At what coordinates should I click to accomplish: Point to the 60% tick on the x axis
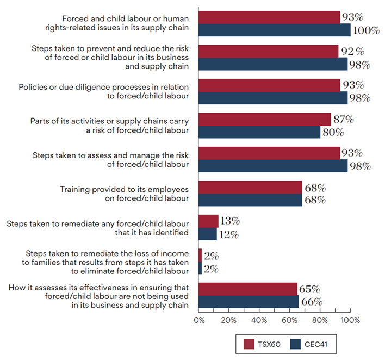[x=290, y=320]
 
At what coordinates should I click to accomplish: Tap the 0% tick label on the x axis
[x=199, y=320]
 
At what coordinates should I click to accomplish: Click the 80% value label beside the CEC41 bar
[x=332, y=132]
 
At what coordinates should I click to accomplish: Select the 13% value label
[x=229, y=221]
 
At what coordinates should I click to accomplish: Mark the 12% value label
[x=228, y=234]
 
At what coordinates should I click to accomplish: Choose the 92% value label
[x=351, y=52]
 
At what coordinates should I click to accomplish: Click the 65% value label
[x=309, y=289]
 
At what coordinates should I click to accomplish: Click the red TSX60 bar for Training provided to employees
[x=250, y=187]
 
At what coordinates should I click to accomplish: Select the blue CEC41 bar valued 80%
[x=259, y=132]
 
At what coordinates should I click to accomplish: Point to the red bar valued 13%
[x=208, y=221]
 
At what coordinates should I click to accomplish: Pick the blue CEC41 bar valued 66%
[x=249, y=302]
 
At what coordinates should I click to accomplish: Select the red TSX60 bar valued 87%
[x=265, y=119]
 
